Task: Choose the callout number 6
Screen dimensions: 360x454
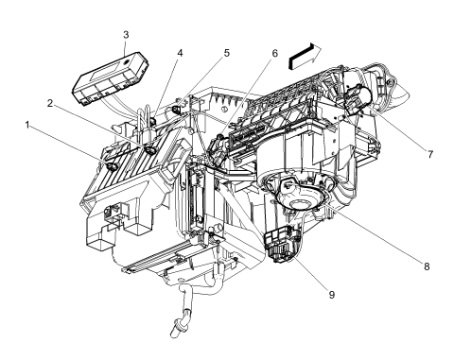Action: tap(273, 54)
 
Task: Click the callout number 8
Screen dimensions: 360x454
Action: tap(426, 266)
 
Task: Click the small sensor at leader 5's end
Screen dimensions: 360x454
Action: tap(177, 111)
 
